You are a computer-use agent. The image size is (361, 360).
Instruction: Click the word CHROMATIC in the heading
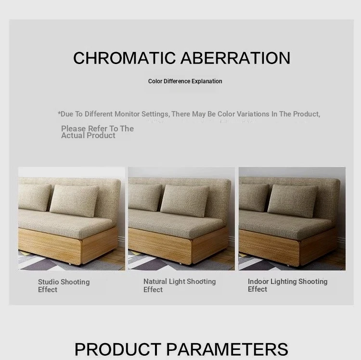[125, 58]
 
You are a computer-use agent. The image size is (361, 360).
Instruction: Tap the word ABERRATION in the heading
[235, 58]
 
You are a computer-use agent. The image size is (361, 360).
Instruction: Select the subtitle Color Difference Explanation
[185, 81]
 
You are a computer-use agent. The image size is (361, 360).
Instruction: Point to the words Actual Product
[88, 136]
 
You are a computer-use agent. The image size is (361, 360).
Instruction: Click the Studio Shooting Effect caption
[64, 286]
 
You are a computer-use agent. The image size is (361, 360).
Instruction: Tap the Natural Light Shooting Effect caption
[180, 285]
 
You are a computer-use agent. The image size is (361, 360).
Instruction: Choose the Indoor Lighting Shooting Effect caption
[287, 285]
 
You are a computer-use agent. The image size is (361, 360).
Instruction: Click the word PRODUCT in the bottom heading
[118, 349]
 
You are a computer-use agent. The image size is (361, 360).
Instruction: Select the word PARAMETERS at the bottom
[227, 349]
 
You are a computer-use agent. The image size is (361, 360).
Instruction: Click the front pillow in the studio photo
[74, 201]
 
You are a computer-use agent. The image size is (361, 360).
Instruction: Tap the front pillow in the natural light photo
[185, 201]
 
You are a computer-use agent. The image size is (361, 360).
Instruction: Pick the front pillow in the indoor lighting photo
[292, 201]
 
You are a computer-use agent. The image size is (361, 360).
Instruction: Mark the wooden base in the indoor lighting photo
[288, 247]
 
